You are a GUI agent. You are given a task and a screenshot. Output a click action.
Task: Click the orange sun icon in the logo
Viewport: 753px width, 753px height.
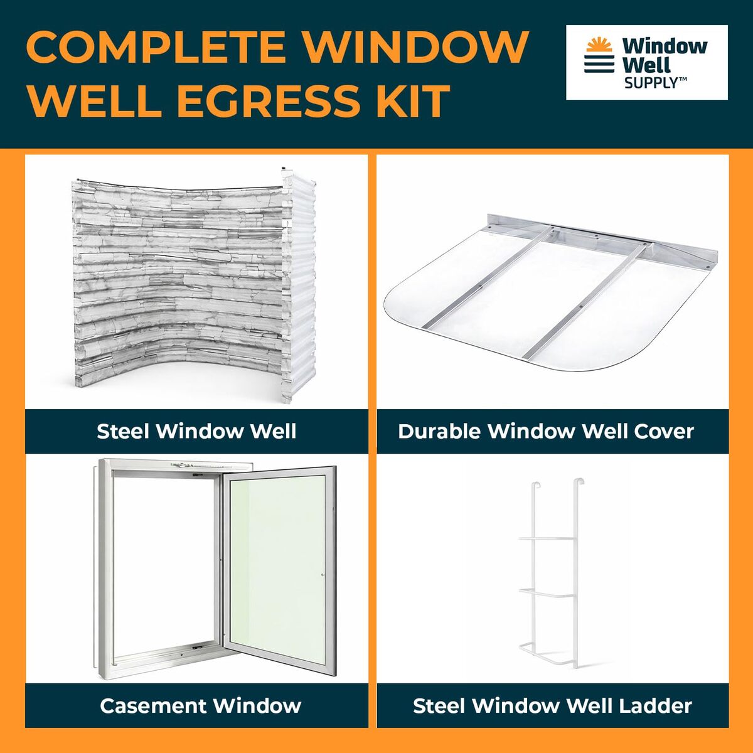point(599,45)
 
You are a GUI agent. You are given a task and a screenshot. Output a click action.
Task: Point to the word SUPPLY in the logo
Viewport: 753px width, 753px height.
point(651,82)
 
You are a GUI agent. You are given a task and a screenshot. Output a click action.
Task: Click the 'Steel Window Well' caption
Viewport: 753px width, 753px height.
point(196,431)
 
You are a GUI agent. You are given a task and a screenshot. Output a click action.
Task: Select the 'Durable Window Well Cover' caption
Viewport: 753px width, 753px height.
point(546,431)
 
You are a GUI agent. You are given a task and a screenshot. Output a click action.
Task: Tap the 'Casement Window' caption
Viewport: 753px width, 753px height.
point(200,706)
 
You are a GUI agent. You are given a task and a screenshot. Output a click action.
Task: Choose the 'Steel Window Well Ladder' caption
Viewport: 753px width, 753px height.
point(552,706)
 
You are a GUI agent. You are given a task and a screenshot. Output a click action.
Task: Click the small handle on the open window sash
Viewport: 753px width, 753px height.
point(323,575)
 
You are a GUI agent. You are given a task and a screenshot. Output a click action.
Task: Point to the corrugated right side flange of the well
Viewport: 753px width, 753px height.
point(299,286)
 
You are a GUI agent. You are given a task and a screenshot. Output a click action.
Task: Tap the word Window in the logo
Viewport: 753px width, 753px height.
point(665,46)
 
